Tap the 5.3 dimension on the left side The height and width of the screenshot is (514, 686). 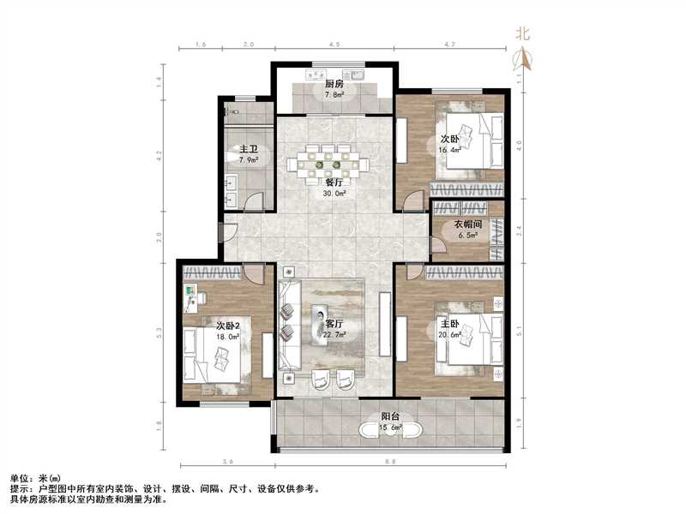coord(159,331)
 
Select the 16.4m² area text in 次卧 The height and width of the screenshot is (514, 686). coord(451,149)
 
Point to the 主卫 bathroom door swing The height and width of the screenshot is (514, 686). coord(252,202)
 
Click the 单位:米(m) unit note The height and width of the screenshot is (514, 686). coord(35,477)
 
